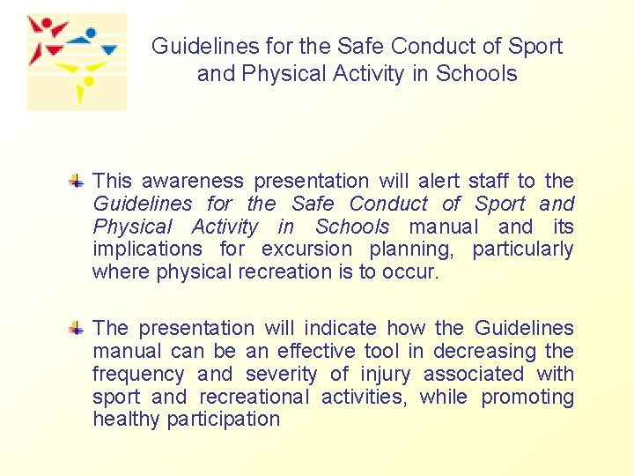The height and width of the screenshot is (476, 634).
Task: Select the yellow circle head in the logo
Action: coord(88,82)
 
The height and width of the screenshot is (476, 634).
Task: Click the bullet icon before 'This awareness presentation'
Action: coord(77,182)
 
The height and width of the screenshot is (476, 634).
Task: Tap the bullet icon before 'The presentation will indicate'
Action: coord(77,329)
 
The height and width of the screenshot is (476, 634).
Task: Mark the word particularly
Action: coord(522,249)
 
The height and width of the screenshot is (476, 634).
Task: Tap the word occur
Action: coord(409,272)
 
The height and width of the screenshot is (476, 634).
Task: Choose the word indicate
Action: coord(338,328)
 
